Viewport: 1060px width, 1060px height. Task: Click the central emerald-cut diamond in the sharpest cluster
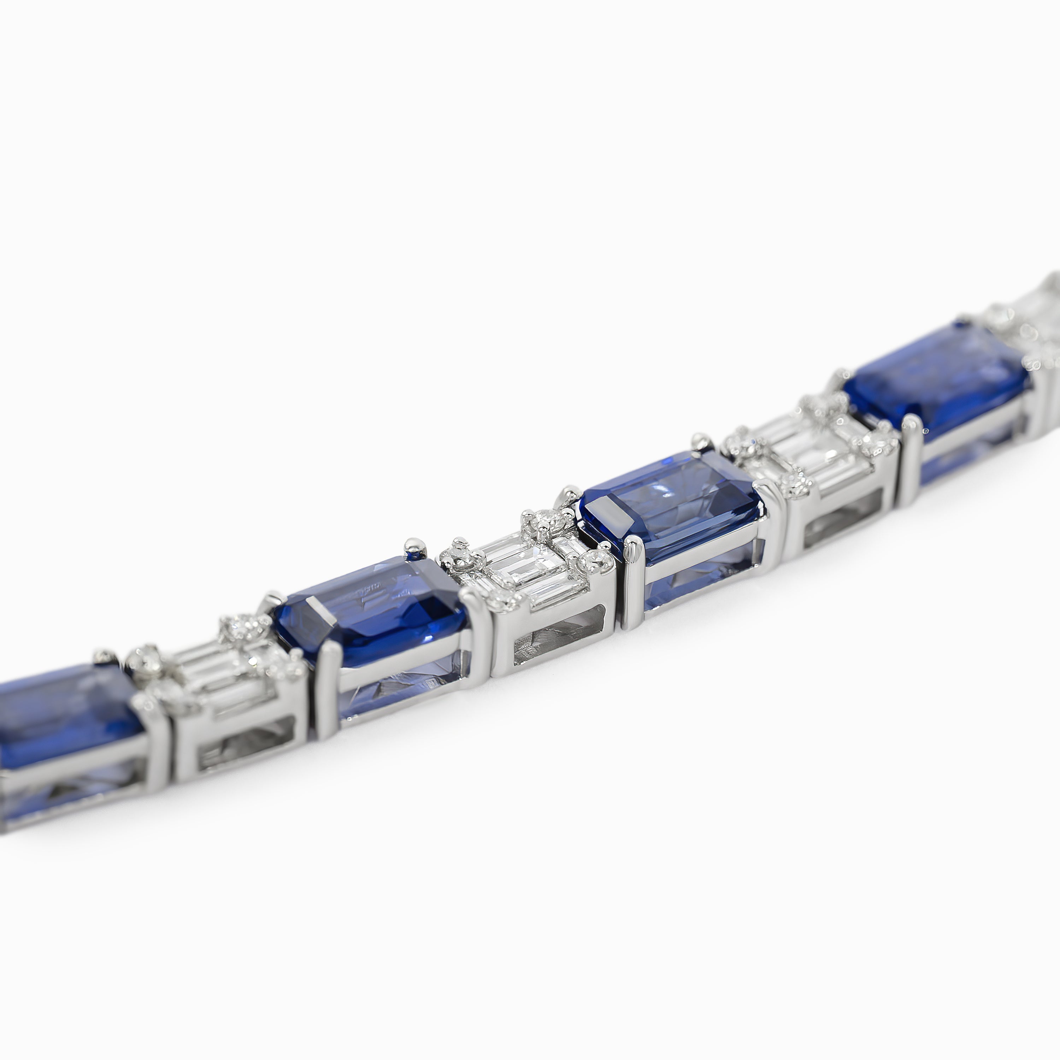521,568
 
